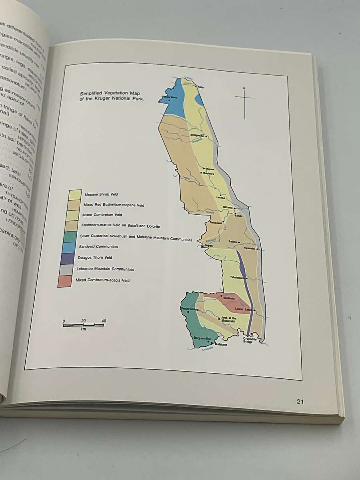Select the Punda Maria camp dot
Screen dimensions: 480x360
(169, 100)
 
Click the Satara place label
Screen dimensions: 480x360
(233, 242)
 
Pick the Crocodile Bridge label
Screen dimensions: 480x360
(248, 340)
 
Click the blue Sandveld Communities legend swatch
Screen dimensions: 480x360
(64, 248)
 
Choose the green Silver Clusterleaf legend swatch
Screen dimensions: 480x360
(64, 237)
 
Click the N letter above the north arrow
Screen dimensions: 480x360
(244, 88)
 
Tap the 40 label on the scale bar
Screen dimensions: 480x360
(104, 321)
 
